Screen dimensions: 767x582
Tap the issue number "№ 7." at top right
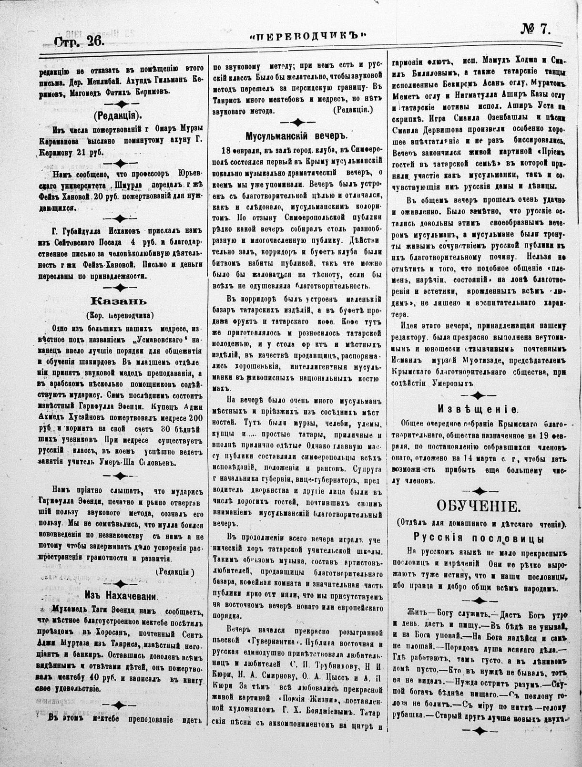tap(535, 30)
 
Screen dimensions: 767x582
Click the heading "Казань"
tap(119, 301)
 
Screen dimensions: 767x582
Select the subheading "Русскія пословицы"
tap(479, 538)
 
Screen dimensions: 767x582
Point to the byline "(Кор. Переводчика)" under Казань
tap(119, 315)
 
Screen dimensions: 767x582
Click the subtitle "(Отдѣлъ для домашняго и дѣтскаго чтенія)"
tap(479, 523)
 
